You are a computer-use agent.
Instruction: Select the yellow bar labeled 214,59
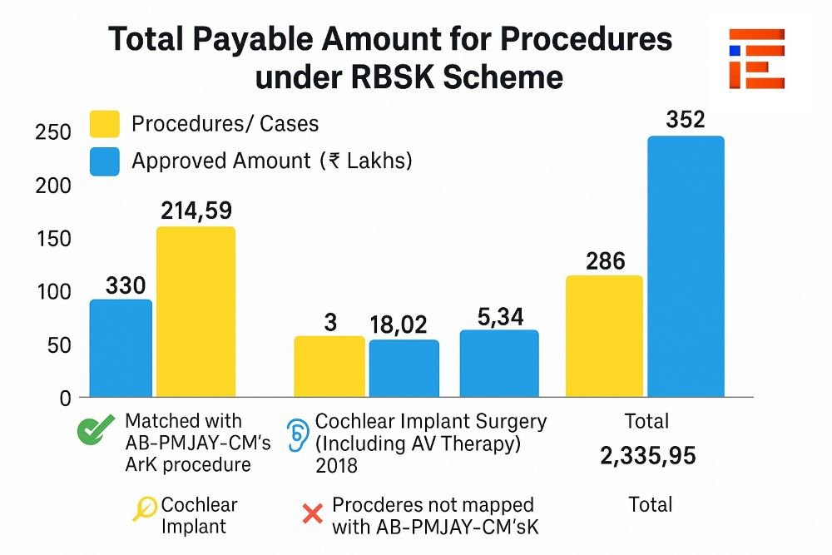tap(196, 311)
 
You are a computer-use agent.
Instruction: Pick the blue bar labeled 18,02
tap(404, 368)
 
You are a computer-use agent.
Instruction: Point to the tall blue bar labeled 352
tap(686, 266)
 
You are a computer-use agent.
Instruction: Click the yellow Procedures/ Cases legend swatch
tap(105, 125)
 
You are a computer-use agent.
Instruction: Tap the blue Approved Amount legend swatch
tap(105, 161)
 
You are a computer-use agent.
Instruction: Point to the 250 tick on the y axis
tap(52, 133)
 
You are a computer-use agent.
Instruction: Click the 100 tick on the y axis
tap(52, 292)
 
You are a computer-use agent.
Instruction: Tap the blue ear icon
tap(296, 434)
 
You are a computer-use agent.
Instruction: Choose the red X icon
tap(312, 514)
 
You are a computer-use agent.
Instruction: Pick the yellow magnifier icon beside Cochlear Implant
tap(145, 507)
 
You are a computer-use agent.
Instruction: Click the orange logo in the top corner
tap(756, 58)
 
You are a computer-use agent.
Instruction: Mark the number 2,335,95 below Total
tap(648, 456)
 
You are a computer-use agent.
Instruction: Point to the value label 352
tap(686, 120)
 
